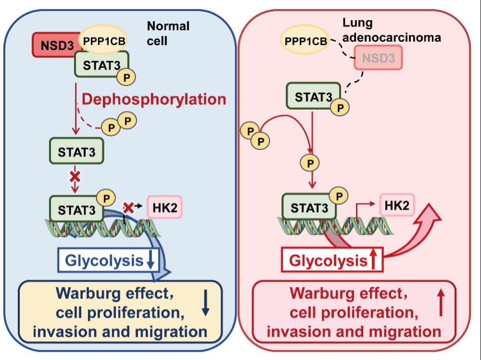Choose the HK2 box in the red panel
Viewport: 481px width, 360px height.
point(397,205)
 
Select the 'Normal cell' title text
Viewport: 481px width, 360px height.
point(167,33)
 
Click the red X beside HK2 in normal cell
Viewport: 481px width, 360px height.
point(128,208)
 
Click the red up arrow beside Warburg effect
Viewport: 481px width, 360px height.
point(442,305)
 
